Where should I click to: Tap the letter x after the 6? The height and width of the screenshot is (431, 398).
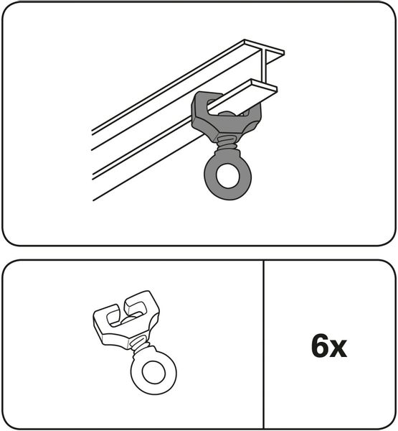coord(338,348)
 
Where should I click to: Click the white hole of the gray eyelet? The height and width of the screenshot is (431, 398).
coord(228,176)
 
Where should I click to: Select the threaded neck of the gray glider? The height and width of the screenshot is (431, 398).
coord(227,144)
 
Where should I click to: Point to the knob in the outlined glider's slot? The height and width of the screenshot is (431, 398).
coord(128,320)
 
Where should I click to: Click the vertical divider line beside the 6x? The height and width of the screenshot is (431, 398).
coord(264,344)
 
